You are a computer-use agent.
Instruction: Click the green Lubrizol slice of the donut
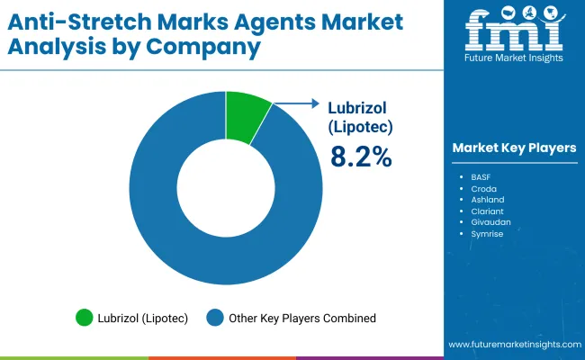[x=246, y=115]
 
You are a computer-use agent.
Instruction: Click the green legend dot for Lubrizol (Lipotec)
[x=85, y=318]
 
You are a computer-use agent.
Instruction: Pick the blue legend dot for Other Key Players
[x=215, y=318]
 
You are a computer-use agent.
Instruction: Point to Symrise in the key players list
[x=488, y=234]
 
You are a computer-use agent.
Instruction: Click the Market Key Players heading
[x=514, y=148]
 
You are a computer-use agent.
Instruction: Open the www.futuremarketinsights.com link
[x=513, y=345]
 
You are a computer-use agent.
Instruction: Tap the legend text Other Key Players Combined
[x=301, y=318]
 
